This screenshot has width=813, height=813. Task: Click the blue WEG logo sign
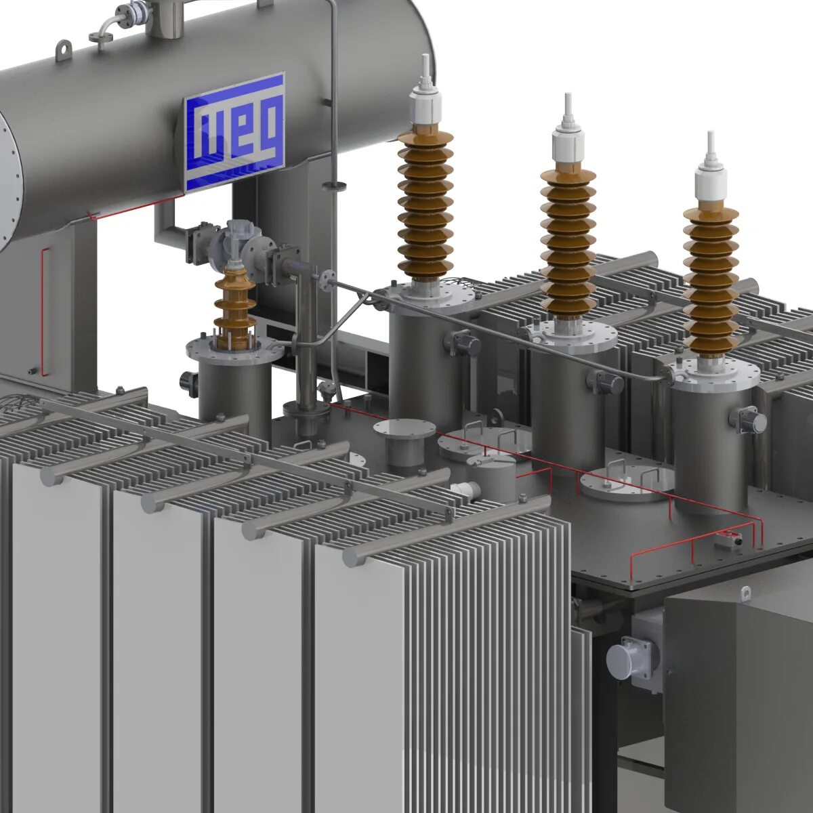click(x=234, y=131)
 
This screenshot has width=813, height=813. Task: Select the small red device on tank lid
click(x=729, y=539)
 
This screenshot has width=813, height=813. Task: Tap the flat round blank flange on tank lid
click(x=404, y=428)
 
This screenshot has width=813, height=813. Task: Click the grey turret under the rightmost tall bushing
click(x=711, y=440)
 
